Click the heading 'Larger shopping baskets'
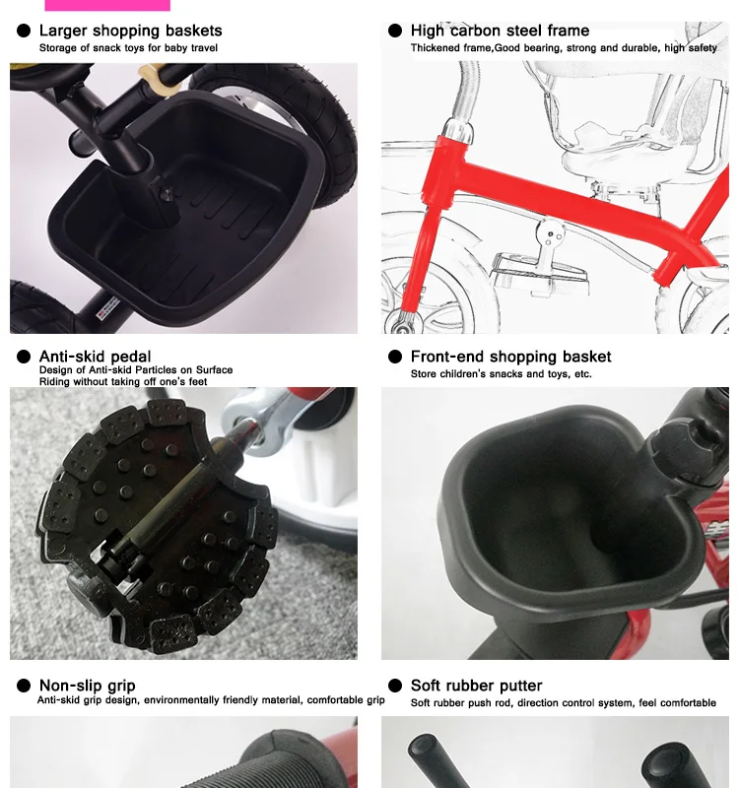[x=130, y=31]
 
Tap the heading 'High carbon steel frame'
[x=500, y=31]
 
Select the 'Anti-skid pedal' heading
[x=95, y=357]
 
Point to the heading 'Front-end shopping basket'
[x=510, y=357]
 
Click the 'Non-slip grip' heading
[x=87, y=686]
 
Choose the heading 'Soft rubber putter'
[x=476, y=686]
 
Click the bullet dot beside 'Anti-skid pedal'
[x=24, y=357]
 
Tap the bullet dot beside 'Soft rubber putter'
[x=395, y=686]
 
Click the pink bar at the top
[x=107, y=5]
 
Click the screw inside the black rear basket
[x=166, y=193]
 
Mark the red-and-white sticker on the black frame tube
[x=108, y=307]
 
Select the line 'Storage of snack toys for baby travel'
[x=128, y=48]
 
